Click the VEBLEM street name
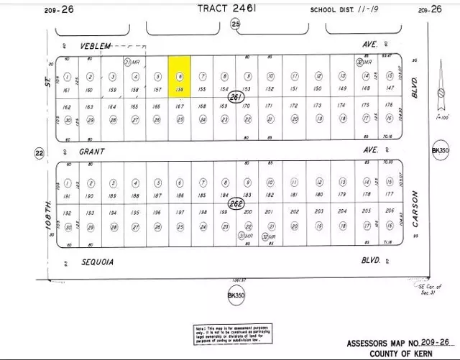tap(96, 45)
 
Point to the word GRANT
tap(93, 152)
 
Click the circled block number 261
tap(232, 97)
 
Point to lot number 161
tap(68, 90)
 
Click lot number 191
tap(68, 195)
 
